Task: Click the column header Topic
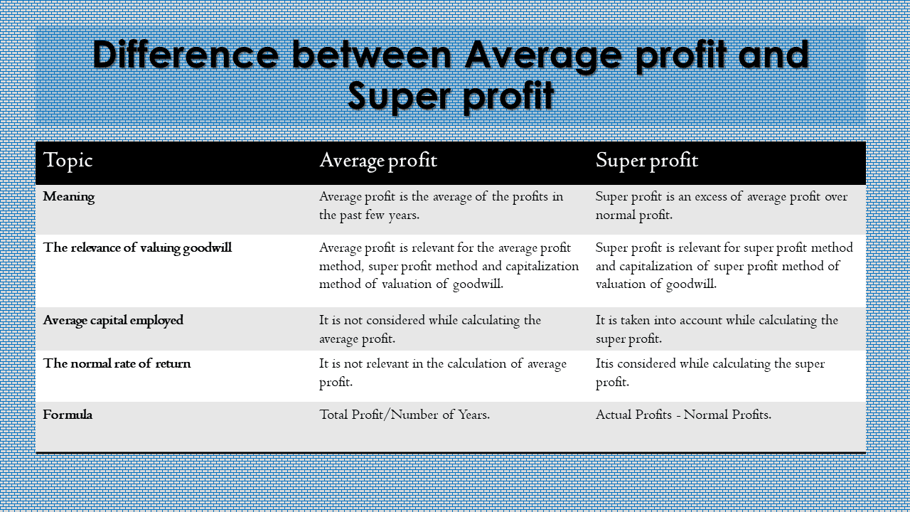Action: point(68,161)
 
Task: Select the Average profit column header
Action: point(378,161)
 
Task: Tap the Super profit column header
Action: point(647,161)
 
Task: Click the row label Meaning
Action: point(69,197)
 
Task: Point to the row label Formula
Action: point(68,415)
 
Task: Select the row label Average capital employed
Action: point(113,321)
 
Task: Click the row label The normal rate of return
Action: point(117,363)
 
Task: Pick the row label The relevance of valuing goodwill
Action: point(137,248)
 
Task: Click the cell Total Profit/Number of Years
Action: point(405,415)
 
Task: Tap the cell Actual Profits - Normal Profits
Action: point(683,415)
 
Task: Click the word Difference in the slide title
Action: point(186,55)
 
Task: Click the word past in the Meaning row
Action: point(350,215)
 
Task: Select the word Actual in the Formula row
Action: point(613,415)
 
